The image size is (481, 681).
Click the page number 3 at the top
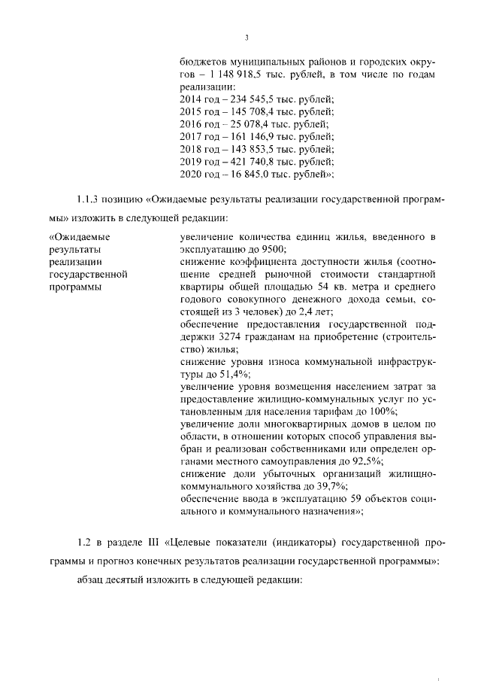pos(247,38)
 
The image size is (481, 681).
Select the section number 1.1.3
pos(89,201)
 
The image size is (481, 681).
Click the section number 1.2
pos(85,542)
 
